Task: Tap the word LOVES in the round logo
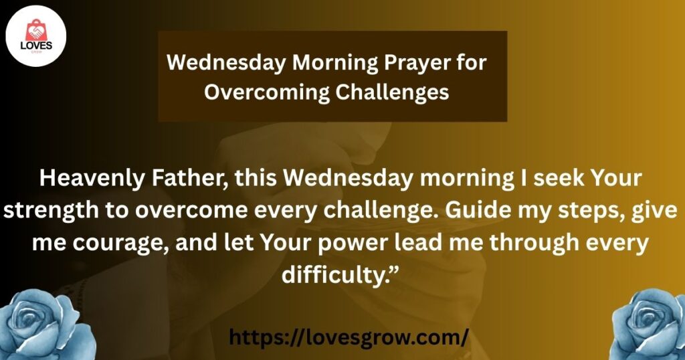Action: (36, 46)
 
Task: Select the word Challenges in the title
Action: (392, 92)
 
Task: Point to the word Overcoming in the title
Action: (266, 92)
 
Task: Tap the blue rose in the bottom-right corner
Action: (649, 325)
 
